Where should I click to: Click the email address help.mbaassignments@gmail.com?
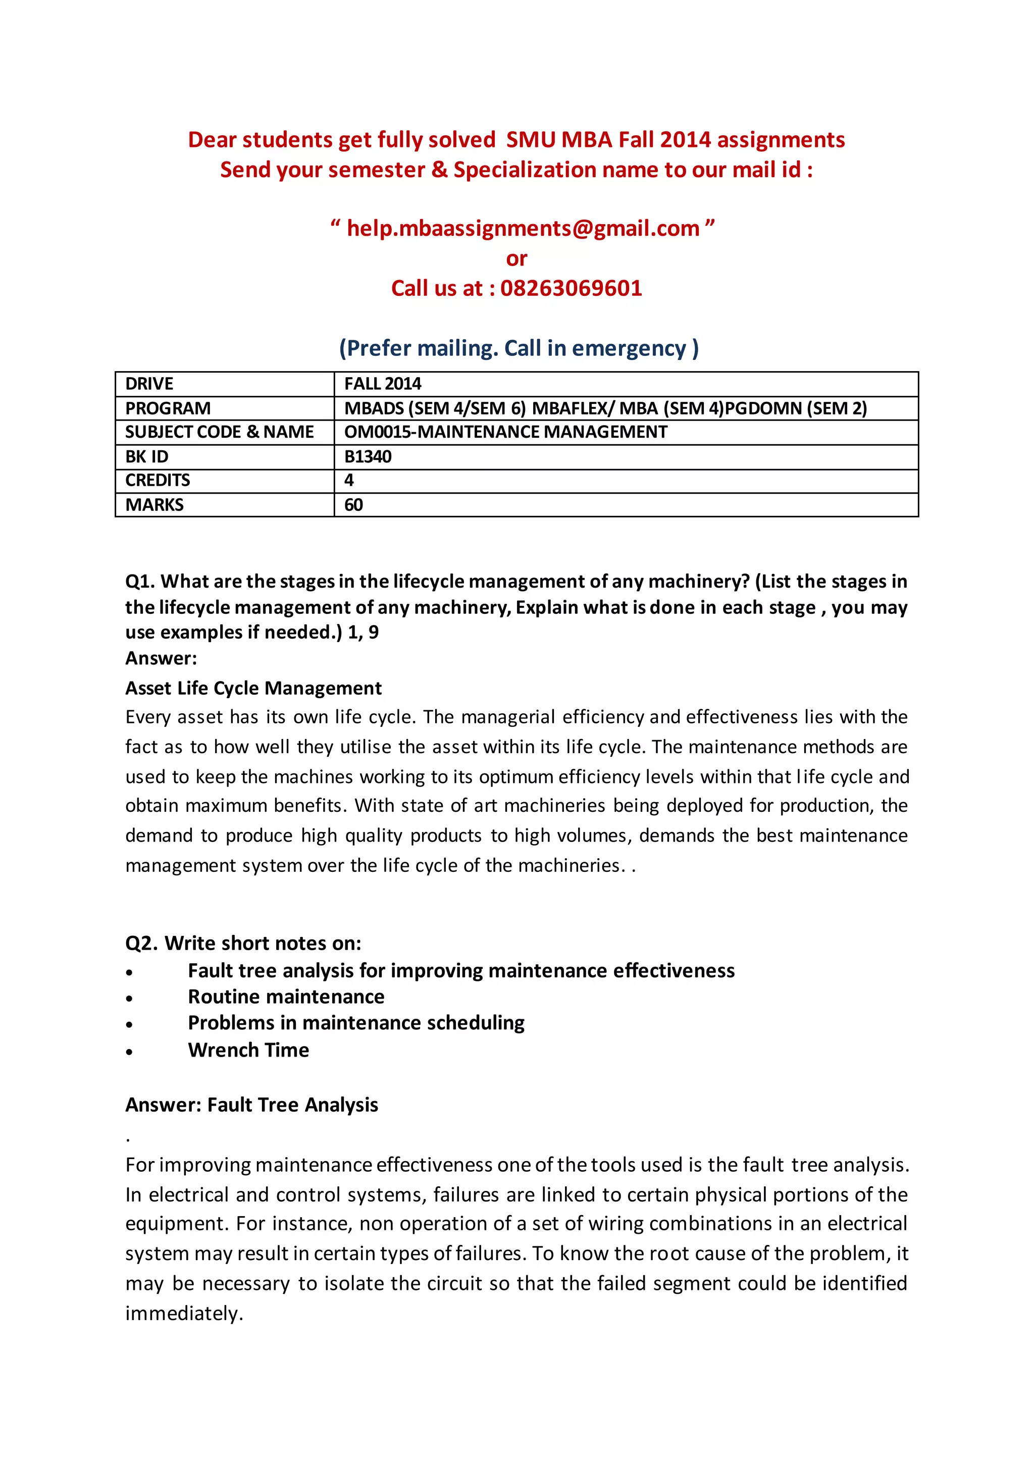(x=522, y=228)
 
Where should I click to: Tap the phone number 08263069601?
(x=571, y=288)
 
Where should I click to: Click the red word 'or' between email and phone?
(x=516, y=258)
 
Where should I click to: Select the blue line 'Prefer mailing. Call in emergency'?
(x=519, y=348)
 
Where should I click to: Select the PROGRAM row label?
(x=168, y=408)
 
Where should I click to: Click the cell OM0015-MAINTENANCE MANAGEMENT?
(x=505, y=432)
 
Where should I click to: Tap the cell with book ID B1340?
(x=368, y=456)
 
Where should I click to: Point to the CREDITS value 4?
(x=349, y=480)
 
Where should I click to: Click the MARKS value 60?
(x=353, y=505)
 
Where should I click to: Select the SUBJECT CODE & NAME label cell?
(x=219, y=432)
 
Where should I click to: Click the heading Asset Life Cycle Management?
(x=253, y=688)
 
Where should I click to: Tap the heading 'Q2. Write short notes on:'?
(x=243, y=943)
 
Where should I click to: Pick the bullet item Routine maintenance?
(x=286, y=997)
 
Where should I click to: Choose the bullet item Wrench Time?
(x=248, y=1050)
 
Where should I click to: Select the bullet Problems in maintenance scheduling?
(x=356, y=1023)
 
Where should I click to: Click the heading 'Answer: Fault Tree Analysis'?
(x=251, y=1105)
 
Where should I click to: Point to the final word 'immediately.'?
(x=184, y=1314)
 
